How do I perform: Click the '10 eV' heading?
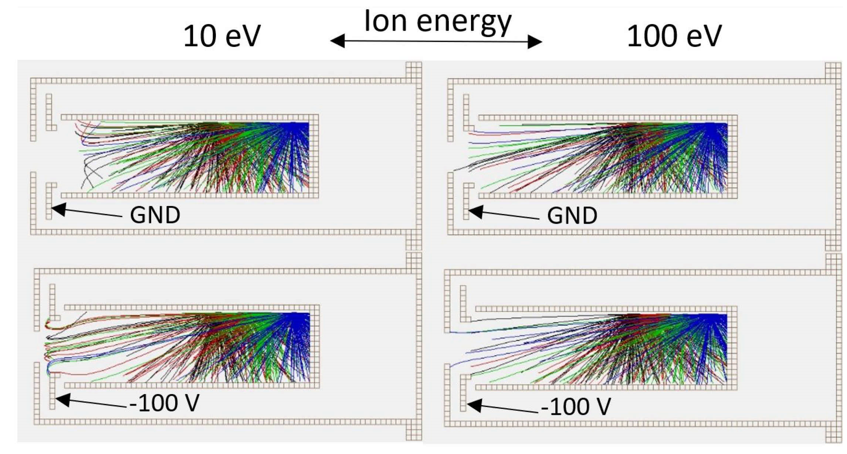[222, 36]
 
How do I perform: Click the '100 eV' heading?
[674, 36]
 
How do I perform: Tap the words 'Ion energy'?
[438, 21]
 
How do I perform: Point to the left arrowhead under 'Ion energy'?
[337, 41]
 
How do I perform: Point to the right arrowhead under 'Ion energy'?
[535, 41]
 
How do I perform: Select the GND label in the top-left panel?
[155, 215]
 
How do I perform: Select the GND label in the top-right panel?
[572, 216]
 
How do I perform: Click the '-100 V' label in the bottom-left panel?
[165, 403]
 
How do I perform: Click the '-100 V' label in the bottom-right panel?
[576, 407]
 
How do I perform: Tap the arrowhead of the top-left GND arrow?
[58, 209]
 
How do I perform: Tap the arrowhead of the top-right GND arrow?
[475, 212]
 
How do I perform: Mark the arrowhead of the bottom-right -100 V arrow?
[474, 405]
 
